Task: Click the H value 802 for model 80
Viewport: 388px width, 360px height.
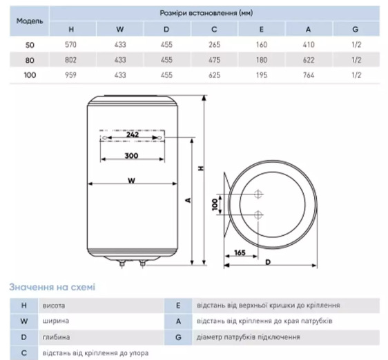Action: [x=71, y=60]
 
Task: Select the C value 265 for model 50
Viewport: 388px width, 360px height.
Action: [x=214, y=45]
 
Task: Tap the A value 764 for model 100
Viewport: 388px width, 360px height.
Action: [x=309, y=75]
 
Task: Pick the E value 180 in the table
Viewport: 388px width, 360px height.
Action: [x=262, y=60]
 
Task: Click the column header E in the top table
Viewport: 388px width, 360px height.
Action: [x=261, y=30]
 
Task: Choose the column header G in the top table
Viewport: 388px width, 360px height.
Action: [x=356, y=30]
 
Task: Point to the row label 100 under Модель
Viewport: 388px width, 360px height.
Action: [x=30, y=75]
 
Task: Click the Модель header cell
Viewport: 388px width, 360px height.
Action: [x=30, y=21]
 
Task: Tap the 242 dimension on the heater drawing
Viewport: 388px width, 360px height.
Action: [x=133, y=134]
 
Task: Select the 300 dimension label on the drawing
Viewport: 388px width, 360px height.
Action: [x=131, y=156]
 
